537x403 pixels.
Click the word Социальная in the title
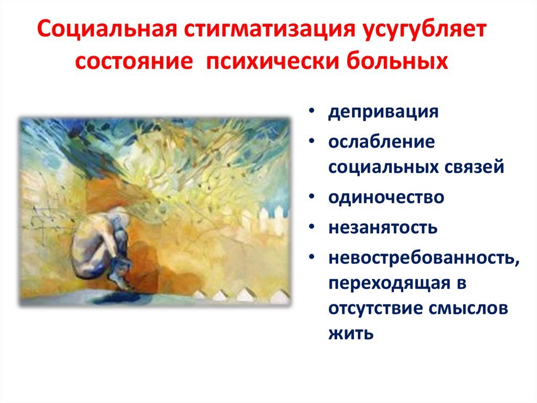point(107,30)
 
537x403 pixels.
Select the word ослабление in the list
point(382,141)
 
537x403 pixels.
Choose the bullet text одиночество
point(386,197)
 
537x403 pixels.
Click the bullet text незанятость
point(383,227)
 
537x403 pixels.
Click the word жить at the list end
point(351,333)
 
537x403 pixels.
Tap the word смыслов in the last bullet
point(468,308)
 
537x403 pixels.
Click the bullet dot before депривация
point(312,111)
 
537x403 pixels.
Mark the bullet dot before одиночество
point(312,197)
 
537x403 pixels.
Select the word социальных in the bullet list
point(383,167)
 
